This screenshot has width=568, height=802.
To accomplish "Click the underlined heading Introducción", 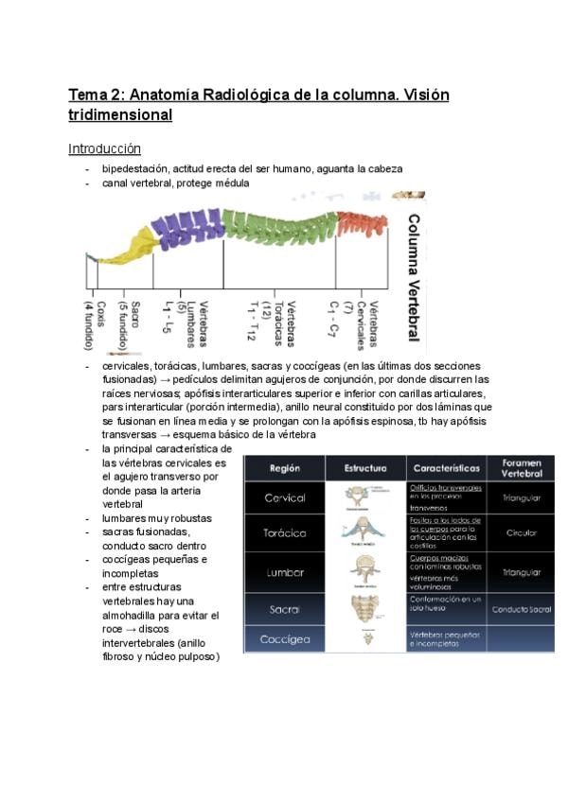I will click(104, 148).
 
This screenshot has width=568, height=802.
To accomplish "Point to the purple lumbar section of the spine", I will click(187, 227).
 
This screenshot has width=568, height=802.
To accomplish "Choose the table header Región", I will click(285, 467).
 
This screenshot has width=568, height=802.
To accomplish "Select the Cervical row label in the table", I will click(285, 497).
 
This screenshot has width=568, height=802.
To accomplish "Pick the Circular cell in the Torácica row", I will click(521, 533).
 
